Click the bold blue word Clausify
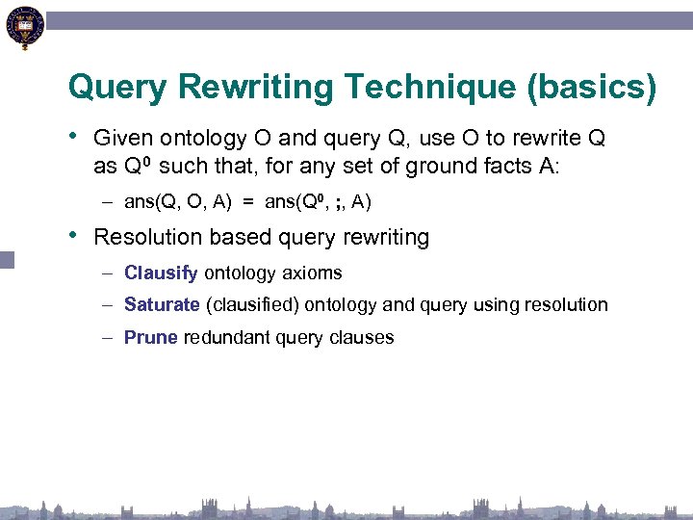(x=161, y=273)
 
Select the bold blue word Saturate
(x=162, y=305)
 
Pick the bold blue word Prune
(x=151, y=338)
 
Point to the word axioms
(x=311, y=273)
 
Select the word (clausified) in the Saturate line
(x=253, y=305)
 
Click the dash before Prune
(x=112, y=338)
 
